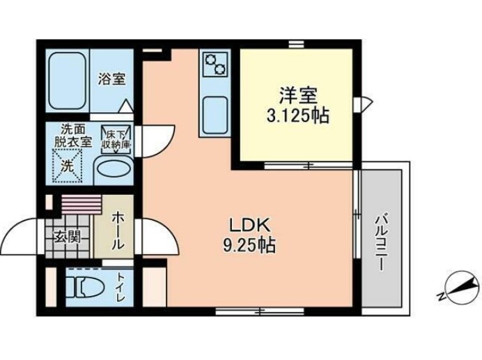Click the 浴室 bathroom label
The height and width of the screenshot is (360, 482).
111,78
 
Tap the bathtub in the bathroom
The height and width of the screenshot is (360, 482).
67,80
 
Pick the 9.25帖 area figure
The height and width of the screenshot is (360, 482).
246,245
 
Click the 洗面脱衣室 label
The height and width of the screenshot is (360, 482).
74,134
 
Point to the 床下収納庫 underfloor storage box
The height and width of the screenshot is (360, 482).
116,140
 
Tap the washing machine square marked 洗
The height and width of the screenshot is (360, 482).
68,165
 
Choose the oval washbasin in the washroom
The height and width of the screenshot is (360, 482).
111,168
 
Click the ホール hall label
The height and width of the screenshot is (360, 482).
117,229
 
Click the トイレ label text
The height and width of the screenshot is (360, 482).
120,288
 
